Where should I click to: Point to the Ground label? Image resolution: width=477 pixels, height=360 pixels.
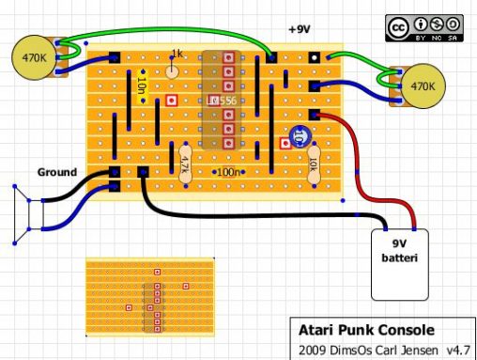pyautogui.click(x=59, y=172)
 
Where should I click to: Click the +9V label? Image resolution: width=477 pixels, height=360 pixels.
pyautogui.click(x=299, y=30)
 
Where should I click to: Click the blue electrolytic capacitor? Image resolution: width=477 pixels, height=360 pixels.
pyautogui.click(x=299, y=136)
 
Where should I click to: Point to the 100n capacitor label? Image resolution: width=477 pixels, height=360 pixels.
pyautogui.click(x=229, y=172)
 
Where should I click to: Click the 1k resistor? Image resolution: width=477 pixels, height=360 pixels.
pyautogui.click(x=174, y=66)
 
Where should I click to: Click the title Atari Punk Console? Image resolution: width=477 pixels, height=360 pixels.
pyautogui.click(x=365, y=330)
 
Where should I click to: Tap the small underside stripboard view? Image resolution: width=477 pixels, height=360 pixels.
pyautogui.click(x=156, y=296)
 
